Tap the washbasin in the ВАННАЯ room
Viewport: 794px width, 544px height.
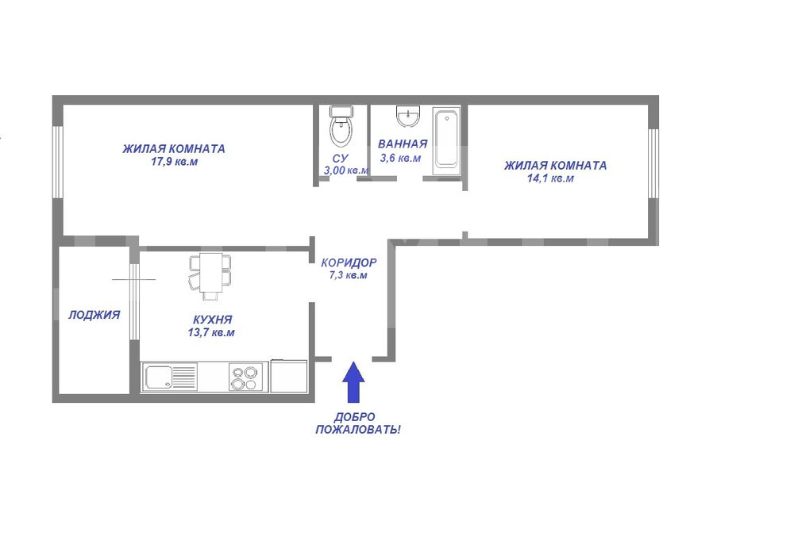(408, 117)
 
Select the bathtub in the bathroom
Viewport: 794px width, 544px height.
(446, 141)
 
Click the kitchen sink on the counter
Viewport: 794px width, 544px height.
(170, 377)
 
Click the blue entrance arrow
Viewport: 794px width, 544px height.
(353, 381)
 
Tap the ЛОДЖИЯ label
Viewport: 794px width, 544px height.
(94, 315)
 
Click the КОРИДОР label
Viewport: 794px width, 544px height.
(349, 263)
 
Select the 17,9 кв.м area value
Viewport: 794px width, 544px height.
(174, 163)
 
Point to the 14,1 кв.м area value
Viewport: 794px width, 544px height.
(550, 178)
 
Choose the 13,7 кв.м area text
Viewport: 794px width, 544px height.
(211, 333)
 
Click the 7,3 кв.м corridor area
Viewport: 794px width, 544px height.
(349, 275)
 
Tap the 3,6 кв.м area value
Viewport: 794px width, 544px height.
(400, 159)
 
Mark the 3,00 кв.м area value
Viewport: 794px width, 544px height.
(346, 170)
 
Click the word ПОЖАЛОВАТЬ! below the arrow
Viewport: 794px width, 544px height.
(358, 431)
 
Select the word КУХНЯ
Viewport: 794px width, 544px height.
(213, 320)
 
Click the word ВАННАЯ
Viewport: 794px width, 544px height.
(403, 144)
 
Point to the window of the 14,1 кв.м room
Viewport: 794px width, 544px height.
(653, 163)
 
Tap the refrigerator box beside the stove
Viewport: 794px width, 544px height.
(289, 376)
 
